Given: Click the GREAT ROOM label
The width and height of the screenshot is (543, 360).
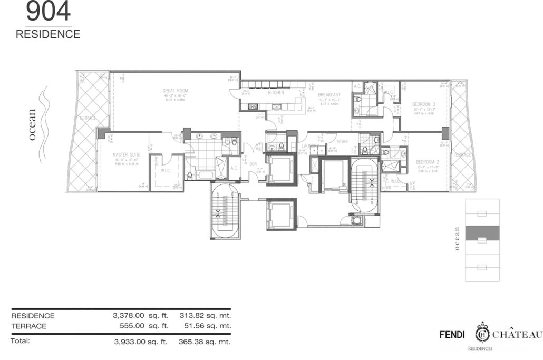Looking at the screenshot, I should point(174,91).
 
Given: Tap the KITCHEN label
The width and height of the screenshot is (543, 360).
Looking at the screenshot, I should point(276,92).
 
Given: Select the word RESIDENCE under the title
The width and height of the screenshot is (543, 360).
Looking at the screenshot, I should point(48,35).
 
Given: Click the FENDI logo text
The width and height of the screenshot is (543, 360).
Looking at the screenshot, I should point(453,335).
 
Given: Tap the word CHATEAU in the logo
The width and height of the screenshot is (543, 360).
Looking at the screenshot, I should point(518,335).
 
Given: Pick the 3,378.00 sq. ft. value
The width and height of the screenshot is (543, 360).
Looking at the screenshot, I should point(140,316).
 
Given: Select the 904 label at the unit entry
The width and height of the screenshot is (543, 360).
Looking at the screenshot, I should point(253,164).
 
